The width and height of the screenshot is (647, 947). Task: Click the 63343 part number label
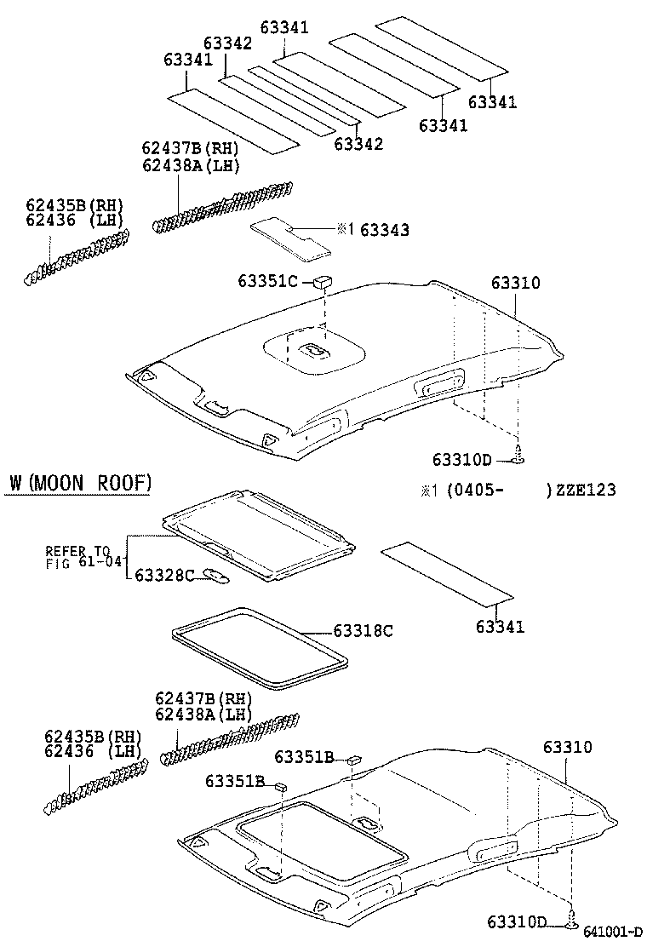384,230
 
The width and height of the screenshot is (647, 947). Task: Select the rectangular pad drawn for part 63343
291,238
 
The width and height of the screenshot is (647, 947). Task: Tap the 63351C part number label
267,281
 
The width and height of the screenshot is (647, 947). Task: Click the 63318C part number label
363,631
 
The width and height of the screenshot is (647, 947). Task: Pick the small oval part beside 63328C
217,577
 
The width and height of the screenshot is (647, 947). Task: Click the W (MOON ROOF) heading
81,484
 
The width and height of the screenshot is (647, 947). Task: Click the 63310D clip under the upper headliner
519,459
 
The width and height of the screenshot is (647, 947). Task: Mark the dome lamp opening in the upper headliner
316,349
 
